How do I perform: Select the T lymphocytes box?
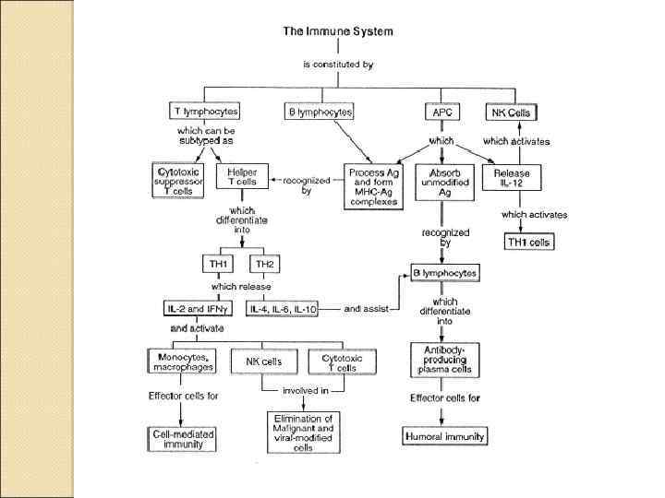point(206,112)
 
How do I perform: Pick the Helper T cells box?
point(243,179)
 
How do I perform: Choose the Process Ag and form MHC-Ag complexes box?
point(374,185)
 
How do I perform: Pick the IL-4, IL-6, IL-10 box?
point(283,310)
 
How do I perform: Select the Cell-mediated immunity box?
point(181,439)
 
